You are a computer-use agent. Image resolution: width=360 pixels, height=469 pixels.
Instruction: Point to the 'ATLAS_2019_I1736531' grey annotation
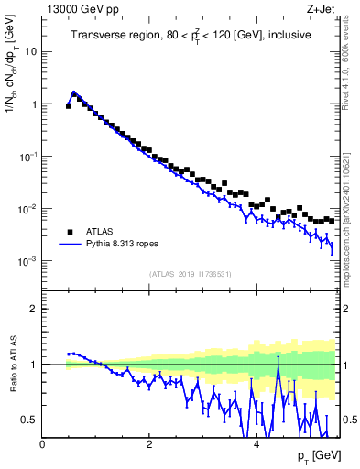191,274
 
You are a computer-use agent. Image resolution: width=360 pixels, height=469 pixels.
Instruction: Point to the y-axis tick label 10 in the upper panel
29,51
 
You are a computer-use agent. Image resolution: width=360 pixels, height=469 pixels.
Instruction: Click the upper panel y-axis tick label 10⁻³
27,261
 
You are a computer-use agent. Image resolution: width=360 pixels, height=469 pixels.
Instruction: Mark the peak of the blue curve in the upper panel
74,93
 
